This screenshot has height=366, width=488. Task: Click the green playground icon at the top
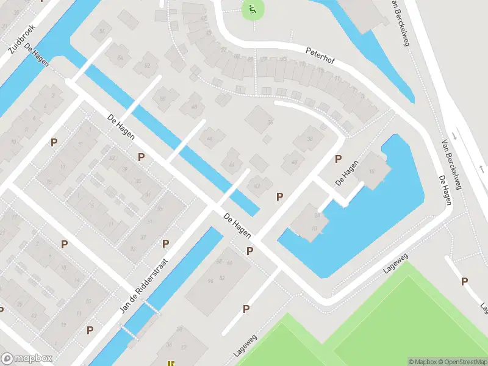[x=252, y=9]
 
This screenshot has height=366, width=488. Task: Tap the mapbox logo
[x=27, y=359]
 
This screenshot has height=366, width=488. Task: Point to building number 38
[x=309, y=138]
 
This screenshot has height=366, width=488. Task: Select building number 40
[x=294, y=162]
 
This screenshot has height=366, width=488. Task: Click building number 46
[x=210, y=139]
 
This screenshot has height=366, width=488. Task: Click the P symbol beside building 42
[x=279, y=196]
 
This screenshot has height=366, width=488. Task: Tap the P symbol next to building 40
[x=337, y=159]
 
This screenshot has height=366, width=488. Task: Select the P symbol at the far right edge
[x=464, y=281]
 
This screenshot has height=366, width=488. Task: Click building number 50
[x=162, y=98]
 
